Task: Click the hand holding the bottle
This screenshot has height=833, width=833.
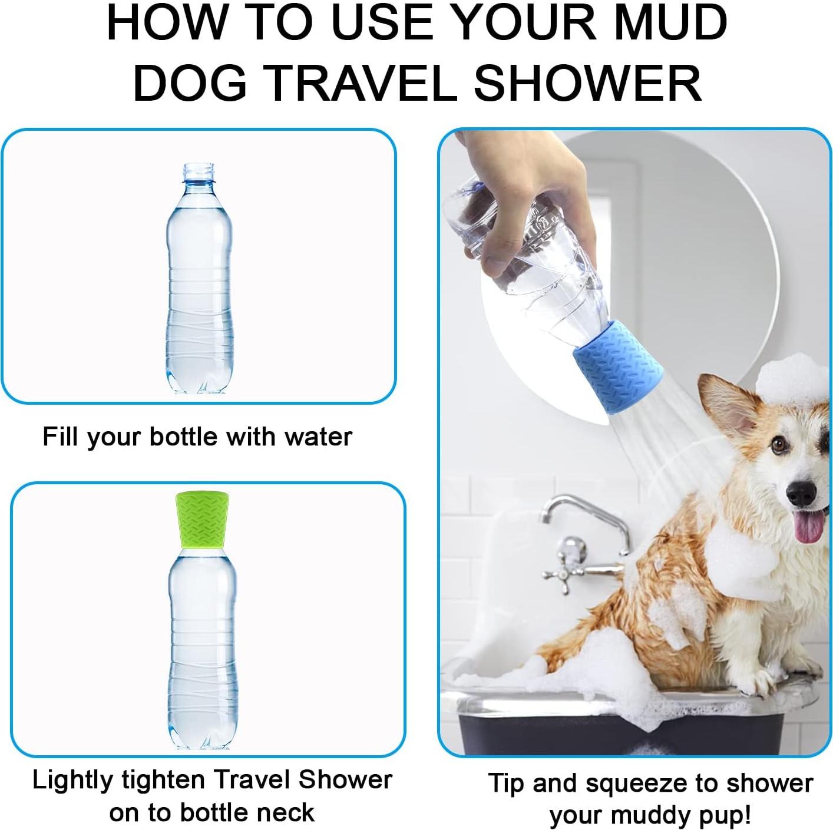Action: point(518,194)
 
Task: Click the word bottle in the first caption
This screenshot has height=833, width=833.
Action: point(185,437)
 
